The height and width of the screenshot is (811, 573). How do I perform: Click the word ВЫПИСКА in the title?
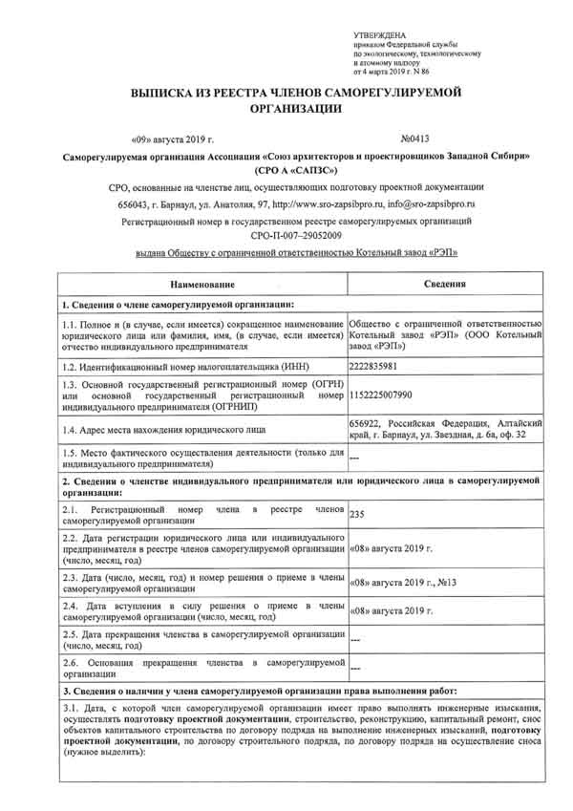164,91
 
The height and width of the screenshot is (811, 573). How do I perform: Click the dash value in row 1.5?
355,458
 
